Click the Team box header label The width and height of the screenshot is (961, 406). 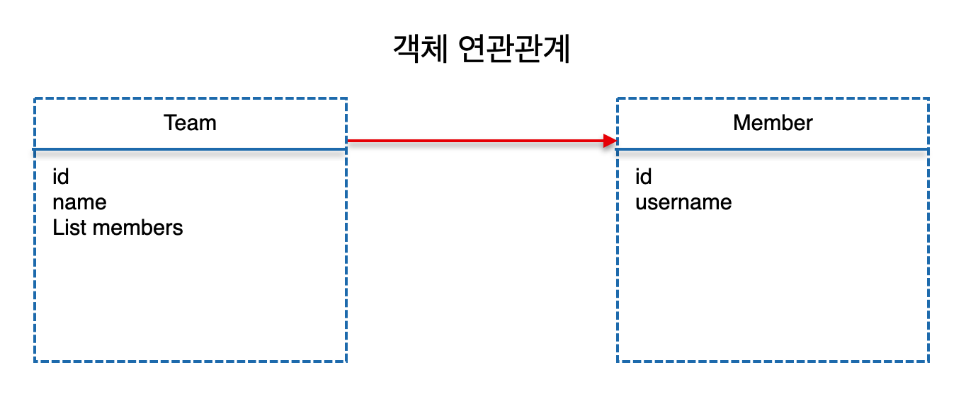(190, 123)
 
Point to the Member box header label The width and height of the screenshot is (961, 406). (773, 123)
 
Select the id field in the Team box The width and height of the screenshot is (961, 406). (61, 176)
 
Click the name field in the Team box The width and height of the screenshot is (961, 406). (79, 202)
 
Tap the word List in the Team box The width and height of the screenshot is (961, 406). (69, 228)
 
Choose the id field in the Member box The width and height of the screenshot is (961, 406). (643, 176)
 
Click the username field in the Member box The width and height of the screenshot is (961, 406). (683, 202)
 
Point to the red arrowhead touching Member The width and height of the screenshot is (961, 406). (610, 141)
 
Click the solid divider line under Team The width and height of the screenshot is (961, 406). (190, 149)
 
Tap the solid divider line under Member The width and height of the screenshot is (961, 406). (773, 149)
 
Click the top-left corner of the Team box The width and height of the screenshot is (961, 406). (35, 98)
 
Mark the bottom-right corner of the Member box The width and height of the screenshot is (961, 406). (928, 361)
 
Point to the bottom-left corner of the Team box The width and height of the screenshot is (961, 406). (35, 361)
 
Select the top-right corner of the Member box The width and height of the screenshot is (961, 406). (928, 98)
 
